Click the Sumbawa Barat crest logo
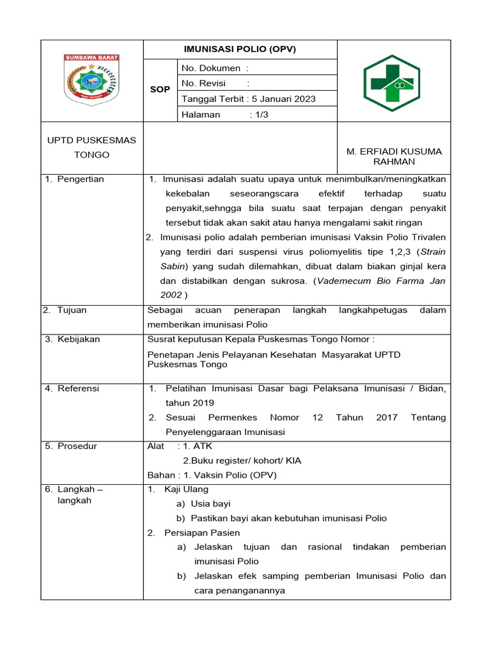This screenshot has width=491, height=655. pos(91,81)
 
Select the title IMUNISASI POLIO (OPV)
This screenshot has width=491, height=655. pos(240,49)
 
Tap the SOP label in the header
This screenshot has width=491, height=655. pos(160,90)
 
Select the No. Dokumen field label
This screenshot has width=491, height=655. pos(211,68)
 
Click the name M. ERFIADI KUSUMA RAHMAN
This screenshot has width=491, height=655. pos(394,157)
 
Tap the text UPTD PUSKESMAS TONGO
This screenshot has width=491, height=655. pos(91,148)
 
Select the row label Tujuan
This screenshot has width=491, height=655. pos(72,310)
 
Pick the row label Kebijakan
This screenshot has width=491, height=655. pos(78,340)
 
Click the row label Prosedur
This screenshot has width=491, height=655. pos(77,446)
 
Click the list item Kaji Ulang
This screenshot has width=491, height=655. pos(186,489)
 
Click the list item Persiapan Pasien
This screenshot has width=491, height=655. pos(202,533)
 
